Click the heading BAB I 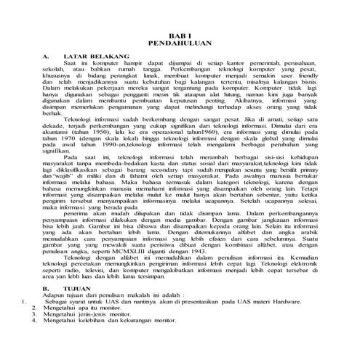pos(179,35)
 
